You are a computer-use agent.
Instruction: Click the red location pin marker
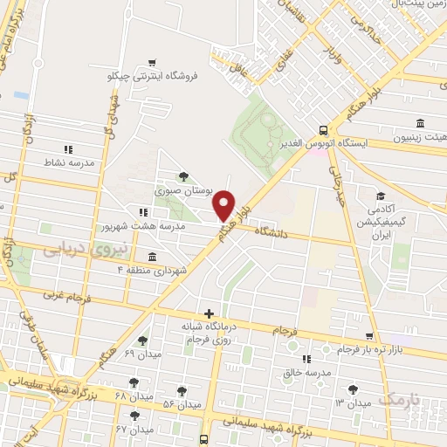click(225, 205)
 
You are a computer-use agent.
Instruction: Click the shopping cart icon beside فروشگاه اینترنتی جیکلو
click(153, 63)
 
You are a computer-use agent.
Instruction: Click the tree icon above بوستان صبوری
click(182, 176)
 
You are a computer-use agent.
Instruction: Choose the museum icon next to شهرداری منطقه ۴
click(153, 257)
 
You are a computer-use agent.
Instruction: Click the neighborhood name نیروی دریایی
click(85, 249)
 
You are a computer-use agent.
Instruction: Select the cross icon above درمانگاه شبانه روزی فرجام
click(208, 313)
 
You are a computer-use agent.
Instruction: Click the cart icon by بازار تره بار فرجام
click(370, 335)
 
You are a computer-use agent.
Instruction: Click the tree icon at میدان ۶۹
click(142, 340)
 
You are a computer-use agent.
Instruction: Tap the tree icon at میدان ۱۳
click(353, 389)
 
